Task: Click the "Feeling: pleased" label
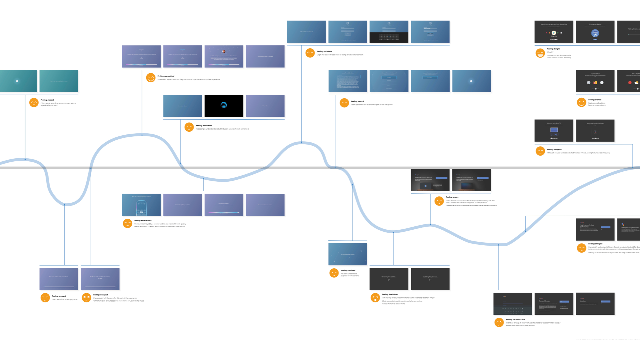click(x=47, y=100)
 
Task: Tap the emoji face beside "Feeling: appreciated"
click(x=151, y=78)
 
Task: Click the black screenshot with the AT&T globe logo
click(x=224, y=106)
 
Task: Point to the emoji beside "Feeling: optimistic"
click(x=310, y=53)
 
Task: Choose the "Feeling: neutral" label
click(x=357, y=101)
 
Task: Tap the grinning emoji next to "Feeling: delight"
click(x=540, y=53)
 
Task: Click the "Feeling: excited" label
click(x=595, y=100)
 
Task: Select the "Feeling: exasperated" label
click(x=143, y=221)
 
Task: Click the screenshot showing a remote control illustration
click(x=141, y=205)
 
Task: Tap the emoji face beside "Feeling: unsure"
click(x=439, y=201)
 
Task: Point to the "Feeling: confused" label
click(x=348, y=271)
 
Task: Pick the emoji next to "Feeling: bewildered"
click(x=375, y=298)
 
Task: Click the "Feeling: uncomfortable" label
click(x=515, y=320)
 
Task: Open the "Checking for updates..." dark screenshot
click(x=389, y=279)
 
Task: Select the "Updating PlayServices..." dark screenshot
click(x=430, y=279)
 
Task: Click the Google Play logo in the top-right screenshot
click(x=554, y=33)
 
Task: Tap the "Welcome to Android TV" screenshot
click(x=554, y=131)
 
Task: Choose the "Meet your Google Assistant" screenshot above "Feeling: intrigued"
click(x=595, y=131)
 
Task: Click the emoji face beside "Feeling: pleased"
click(x=34, y=102)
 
